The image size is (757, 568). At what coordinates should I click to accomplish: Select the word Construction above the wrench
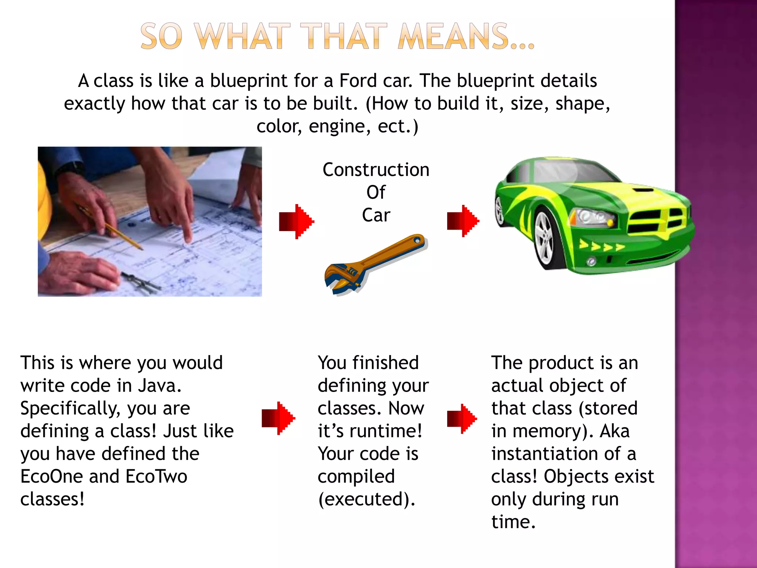point(376,170)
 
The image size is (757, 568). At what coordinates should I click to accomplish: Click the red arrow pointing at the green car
point(463,221)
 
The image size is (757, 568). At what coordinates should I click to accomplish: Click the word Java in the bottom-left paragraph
point(159,386)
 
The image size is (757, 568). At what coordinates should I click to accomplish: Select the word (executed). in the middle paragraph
point(366,499)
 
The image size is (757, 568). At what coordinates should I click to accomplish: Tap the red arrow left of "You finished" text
point(278,418)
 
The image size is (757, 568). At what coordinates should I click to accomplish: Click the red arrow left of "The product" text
point(462,419)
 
